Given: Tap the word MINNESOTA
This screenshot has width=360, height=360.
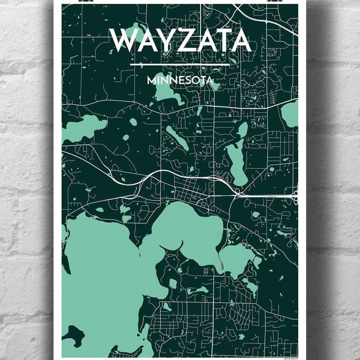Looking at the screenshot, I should pyautogui.click(x=180, y=79).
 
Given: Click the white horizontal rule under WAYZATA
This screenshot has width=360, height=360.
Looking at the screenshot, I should pyautogui.click(x=180, y=64).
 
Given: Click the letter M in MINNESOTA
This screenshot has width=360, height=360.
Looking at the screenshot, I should pyautogui.click(x=151, y=79).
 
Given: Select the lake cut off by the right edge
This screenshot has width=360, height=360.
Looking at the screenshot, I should pyautogui.click(x=290, y=113).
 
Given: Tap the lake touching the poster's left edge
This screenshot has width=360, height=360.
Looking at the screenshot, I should pyautogui.click(x=82, y=127).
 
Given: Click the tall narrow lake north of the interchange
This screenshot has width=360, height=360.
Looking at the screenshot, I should pyautogui.click(x=236, y=157).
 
